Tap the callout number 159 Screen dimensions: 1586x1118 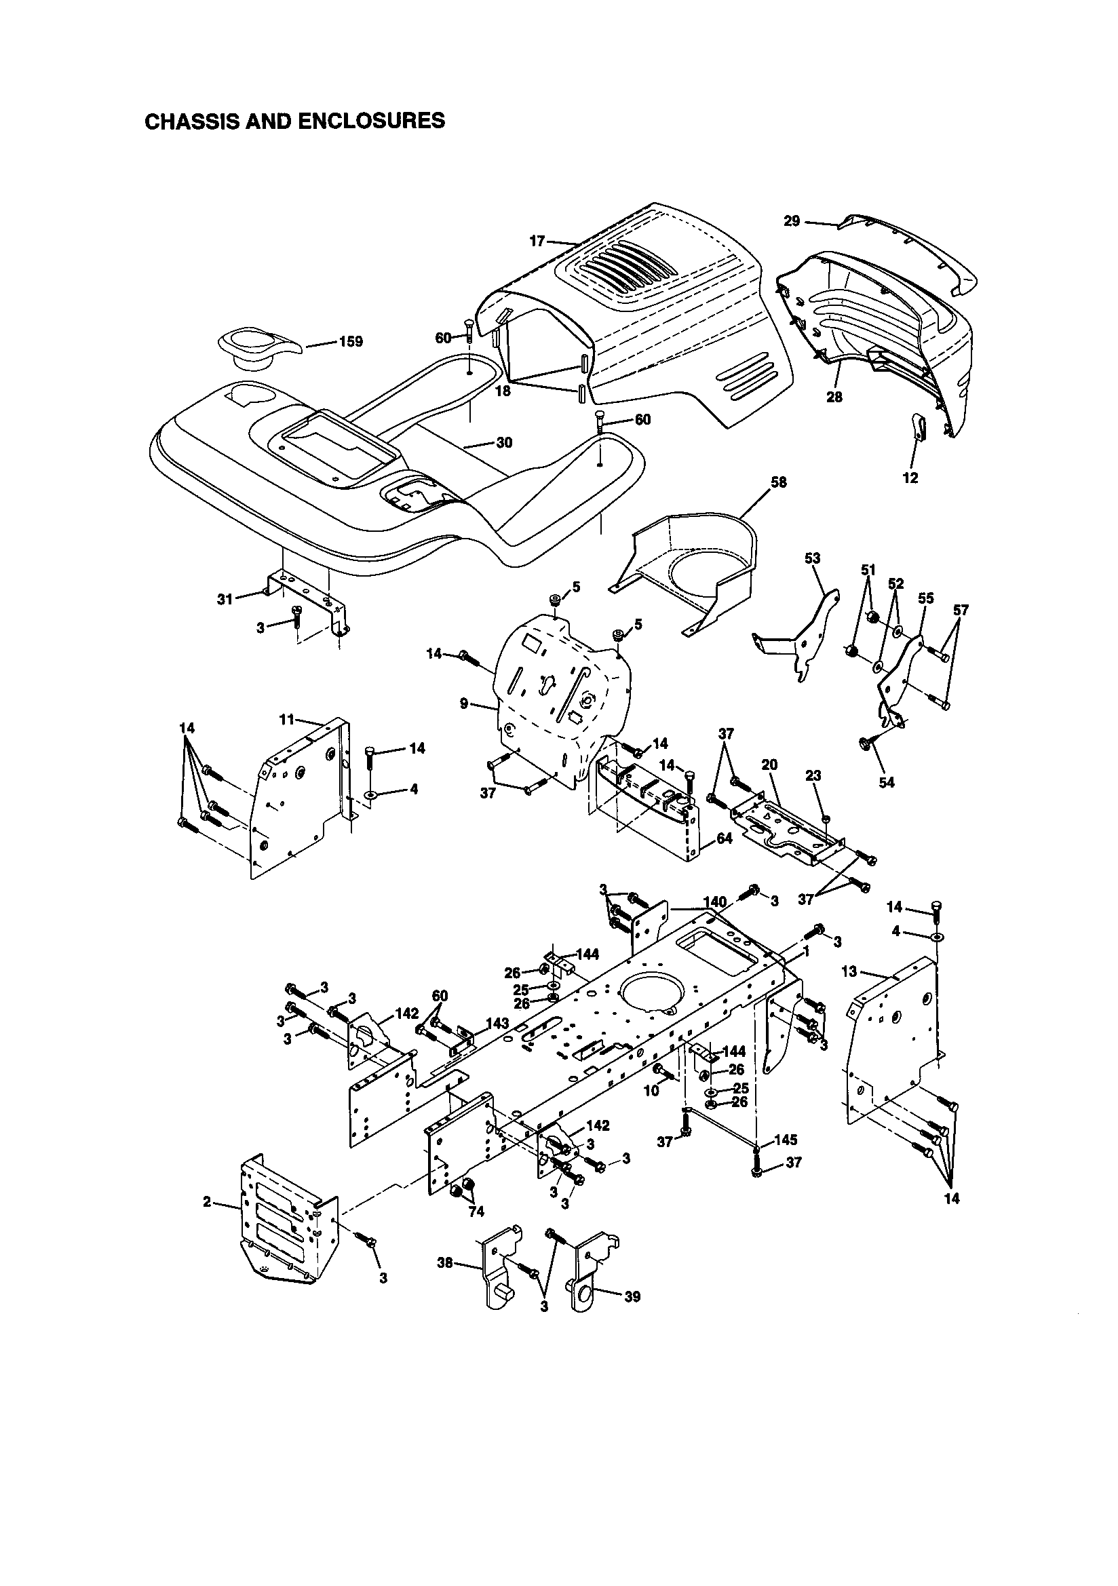pyautogui.click(x=350, y=343)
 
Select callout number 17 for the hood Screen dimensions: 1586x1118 pyautogui.click(x=537, y=241)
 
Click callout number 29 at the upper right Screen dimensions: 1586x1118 pyautogui.click(x=792, y=221)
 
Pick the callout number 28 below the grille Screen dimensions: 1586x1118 pyautogui.click(x=834, y=398)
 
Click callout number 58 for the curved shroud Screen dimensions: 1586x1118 pyautogui.click(x=778, y=482)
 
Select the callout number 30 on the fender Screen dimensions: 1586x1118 pyautogui.click(x=505, y=443)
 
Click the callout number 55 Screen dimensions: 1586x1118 pyautogui.click(x=925, y=598)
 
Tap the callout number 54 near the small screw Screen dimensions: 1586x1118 pyautogui.click(x=886, y=783)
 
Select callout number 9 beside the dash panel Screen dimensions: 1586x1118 pyautogui.click(x=464, y=704)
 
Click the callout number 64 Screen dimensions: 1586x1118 pyautogui.click(x=724, y=839)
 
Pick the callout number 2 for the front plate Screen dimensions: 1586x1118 pyautogui.click(x=207, y=1202)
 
